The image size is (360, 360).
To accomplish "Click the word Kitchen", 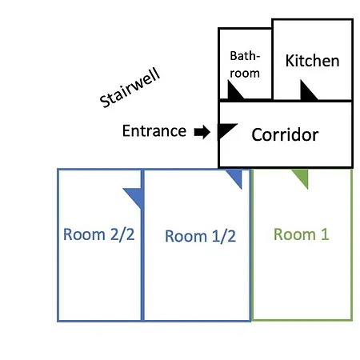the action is (x=312, y=61).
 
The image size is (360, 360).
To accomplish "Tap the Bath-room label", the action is (x=245, y=65).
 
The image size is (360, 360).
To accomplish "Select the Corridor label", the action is (x=285, y=134).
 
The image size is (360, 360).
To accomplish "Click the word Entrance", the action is (x=154, y=130).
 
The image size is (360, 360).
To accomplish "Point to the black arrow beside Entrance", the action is (x=202, y=132).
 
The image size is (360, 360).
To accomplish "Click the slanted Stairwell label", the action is (x=130, y=88).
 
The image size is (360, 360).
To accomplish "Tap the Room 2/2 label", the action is (x=98, y=234).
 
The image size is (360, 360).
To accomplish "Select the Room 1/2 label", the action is (x=200, y=236).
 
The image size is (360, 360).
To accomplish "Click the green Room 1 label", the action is (x=301, y=234).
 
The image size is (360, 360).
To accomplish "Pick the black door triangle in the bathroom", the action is (x=234, y=92).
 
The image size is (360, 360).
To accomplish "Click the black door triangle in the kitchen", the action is (x=306, y=92).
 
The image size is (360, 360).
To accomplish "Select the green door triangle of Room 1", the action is (x=302, y=177).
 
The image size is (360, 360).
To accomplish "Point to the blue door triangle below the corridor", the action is (x=236, y=177).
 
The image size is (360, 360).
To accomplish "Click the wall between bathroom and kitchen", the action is (x=272, y=63).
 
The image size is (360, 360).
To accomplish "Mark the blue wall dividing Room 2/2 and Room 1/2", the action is (x=142, y=246).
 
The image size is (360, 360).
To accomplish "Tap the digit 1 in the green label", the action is (x=325, y=234).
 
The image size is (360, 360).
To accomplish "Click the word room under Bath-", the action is (x=245, y=74).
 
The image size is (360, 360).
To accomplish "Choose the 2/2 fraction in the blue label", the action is (x=122, y=234).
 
